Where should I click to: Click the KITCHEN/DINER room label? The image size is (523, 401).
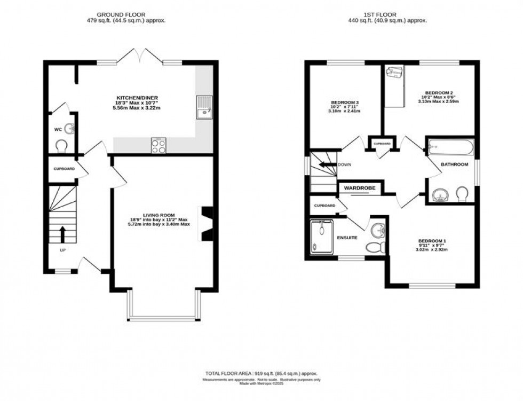point(138,98)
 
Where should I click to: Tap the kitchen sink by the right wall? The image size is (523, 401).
point(204,107)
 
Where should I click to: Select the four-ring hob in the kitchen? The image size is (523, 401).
point(159,145)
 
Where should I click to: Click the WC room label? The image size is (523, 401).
point(58,130)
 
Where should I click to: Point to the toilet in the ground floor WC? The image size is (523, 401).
point(62,145)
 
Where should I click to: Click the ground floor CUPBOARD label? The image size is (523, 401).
point(64,169)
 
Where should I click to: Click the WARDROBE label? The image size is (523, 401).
point(359,188)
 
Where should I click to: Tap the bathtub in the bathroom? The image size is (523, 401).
point(449,146)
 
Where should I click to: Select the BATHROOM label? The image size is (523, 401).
point(454,164)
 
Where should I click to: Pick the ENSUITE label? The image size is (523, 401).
point(347,237)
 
